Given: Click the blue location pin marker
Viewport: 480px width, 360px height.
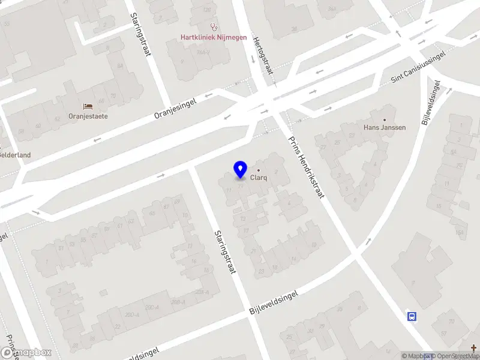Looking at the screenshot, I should (x=240, y=170).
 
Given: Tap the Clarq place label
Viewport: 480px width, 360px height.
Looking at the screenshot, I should (x=259, y=178).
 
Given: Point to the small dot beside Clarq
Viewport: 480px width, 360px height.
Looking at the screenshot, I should (x=259, y=170).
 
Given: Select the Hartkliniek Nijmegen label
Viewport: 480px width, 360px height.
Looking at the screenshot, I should (x=214, y=37).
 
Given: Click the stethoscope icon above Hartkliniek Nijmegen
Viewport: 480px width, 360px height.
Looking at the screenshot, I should (x=214, y=26).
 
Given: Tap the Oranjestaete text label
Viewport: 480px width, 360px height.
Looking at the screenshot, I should (x=88, y=116).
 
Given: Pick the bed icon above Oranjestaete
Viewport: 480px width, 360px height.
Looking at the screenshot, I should (x=88, y=106).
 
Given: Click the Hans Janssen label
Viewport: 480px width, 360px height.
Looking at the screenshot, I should (x=385, y=127).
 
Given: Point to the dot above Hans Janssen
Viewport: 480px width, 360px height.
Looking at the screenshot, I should (x=385, y=119).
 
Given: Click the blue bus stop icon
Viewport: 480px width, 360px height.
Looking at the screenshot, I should (x=412, y=316).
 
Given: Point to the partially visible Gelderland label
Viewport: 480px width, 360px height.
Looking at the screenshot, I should (x=15, y=155).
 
